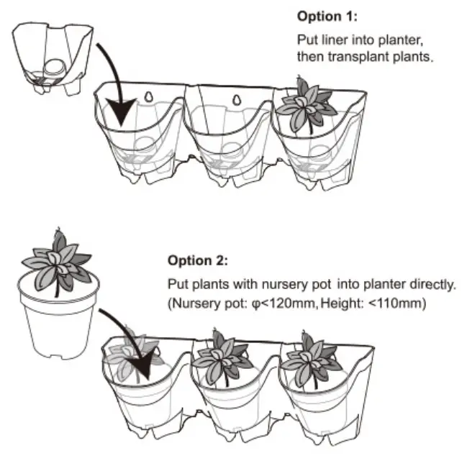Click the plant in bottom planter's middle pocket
point(219,357)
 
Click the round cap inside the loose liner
point(53,68)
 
